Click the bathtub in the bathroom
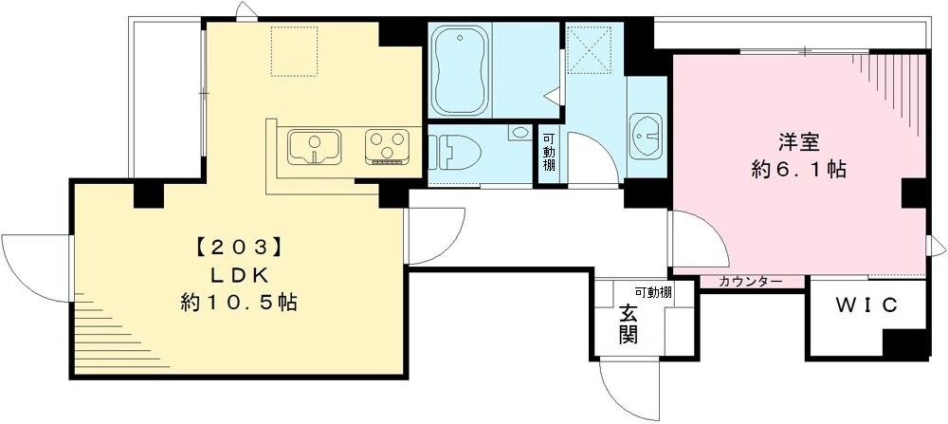(461, 69)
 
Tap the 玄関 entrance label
(629, 323)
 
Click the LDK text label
(239, 275)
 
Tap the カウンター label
(750, 282)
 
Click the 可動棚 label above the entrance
(653, 292)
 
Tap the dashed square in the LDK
(295, 50)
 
